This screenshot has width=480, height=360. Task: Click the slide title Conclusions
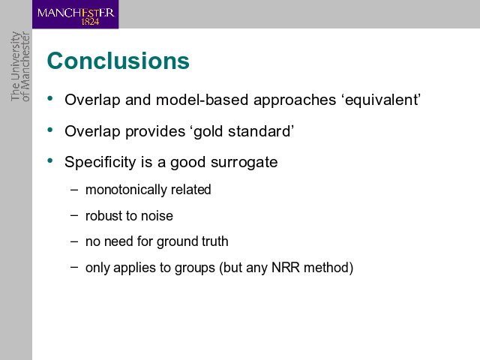tap(118, 61)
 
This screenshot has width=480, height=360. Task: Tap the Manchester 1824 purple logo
tap(75, 14)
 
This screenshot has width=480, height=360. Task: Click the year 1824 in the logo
tap(90, 22)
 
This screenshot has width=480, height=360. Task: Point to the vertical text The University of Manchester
tap(20, 66)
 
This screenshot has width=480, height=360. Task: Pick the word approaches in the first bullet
tap(295, 100)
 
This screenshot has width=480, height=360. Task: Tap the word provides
tap(155, 132)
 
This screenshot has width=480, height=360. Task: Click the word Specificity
tap(100, 162)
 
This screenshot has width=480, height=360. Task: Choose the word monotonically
tap(126, 190)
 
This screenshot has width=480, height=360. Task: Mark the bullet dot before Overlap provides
tap(50, 130)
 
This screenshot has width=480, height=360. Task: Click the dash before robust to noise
tap(74, 215)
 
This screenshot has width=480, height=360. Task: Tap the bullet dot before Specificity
tap(50, 160)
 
